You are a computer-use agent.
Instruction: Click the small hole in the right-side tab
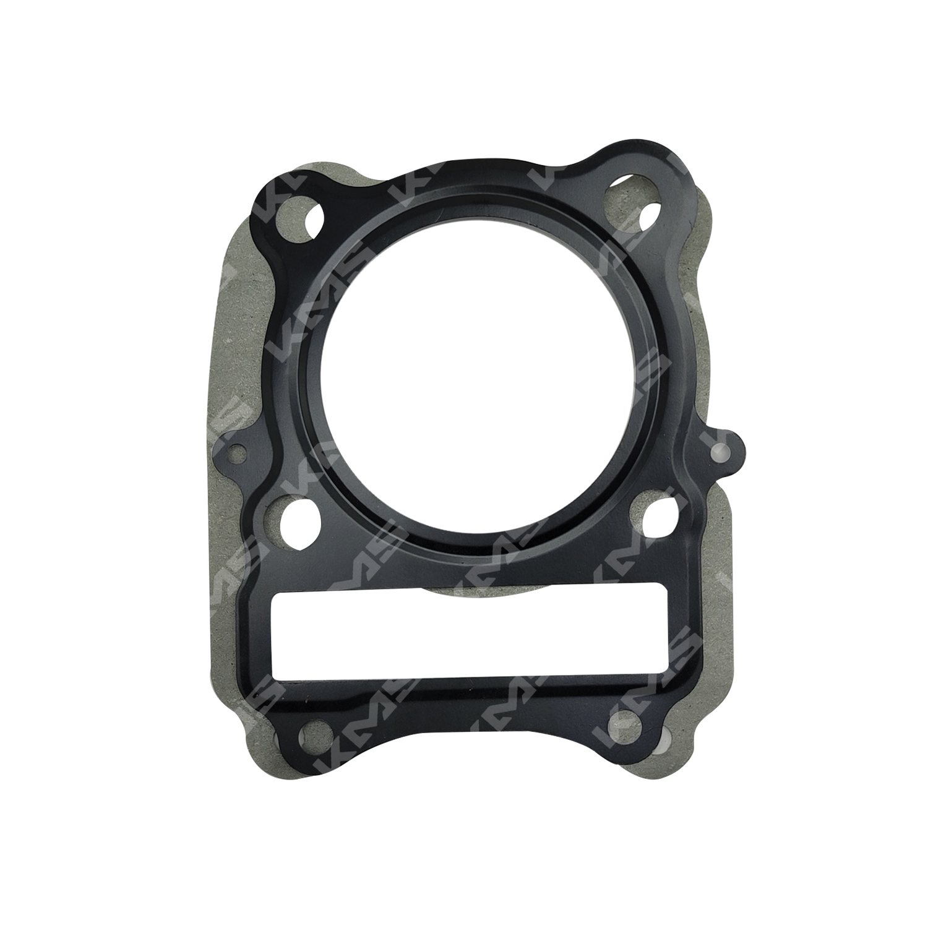[x=720, y=450]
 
